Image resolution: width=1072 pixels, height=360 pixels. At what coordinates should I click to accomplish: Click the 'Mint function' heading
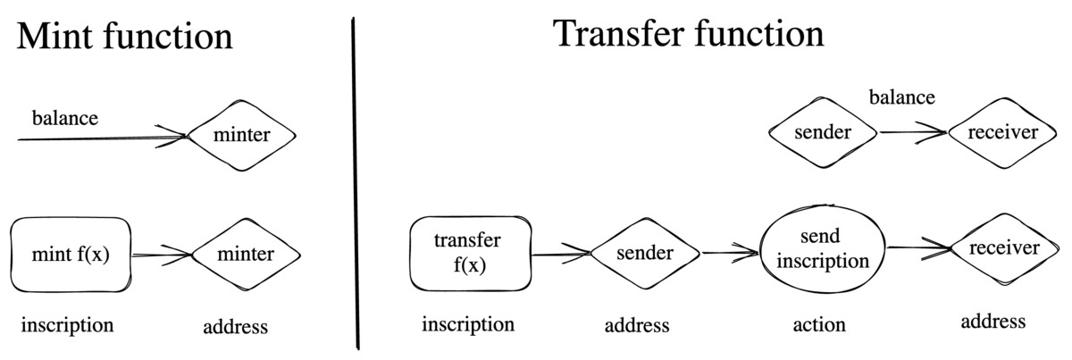[124, 38]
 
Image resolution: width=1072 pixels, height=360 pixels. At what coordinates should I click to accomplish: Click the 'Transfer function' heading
[688, 35]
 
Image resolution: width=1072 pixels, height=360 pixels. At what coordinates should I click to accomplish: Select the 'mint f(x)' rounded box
[71, 255]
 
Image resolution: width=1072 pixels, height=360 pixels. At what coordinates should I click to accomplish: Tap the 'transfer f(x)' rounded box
[471, 254]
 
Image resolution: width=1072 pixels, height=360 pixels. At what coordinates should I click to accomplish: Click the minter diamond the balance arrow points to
[241, 136]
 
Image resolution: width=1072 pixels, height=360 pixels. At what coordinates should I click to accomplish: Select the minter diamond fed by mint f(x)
[243, 255]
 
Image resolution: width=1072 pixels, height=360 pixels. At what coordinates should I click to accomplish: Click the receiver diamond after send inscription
[1004, 248]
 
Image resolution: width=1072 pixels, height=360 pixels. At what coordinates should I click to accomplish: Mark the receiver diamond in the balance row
[1004, 133]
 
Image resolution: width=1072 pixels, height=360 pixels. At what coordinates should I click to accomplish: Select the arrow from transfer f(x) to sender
[561, 254]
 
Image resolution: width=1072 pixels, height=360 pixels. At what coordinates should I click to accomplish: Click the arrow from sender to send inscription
[730, 253]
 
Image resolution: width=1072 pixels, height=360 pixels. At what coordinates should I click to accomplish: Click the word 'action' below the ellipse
[819, 324]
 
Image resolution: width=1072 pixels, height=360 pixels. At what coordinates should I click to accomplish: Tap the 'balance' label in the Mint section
[64, 117]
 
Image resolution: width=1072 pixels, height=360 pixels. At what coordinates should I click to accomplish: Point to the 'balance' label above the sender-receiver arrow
[902, 96]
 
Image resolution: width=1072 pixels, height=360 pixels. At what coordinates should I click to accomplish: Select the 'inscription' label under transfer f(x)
[468, 324]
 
